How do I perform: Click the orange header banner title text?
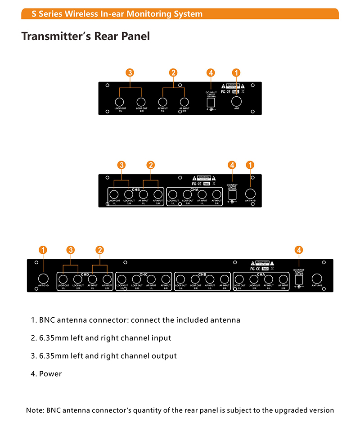117,14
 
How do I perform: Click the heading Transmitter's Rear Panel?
85,36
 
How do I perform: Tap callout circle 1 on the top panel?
236,72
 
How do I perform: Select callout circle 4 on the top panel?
211,72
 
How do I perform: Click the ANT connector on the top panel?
236,101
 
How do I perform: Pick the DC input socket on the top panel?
210,102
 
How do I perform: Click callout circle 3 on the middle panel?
121,165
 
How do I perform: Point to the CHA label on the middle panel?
194,189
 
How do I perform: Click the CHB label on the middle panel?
136,189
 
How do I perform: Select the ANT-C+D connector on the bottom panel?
43,279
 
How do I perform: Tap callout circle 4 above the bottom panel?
299,250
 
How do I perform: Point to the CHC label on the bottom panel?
143,274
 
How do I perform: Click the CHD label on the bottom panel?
85,274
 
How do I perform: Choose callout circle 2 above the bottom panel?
100,250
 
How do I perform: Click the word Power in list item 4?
50,373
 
